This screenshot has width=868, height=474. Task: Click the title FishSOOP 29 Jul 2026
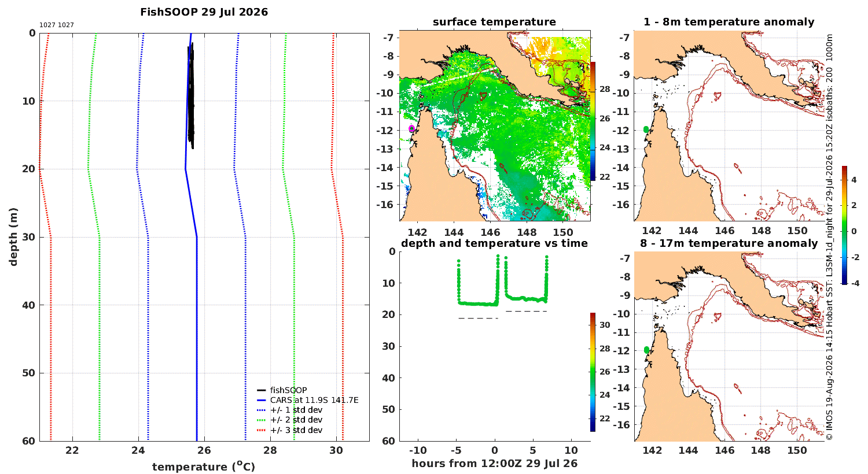point(204,12)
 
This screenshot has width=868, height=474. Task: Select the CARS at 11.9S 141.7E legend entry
point(308,400)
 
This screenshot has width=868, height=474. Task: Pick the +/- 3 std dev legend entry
point(290,430)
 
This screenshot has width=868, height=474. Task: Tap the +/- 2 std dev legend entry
point(290,420)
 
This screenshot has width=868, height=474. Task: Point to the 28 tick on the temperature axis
point(270,450)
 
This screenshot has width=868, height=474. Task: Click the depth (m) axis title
point(13,237)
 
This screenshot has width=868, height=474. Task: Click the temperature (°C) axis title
point(204,466)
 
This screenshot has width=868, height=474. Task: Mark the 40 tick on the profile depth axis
point(30,305)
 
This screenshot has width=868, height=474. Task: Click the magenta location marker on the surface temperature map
point(411,128)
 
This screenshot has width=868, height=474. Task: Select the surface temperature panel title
point(494,22)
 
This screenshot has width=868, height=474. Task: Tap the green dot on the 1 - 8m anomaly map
point(646,129)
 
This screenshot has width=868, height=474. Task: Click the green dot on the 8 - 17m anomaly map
point(646,350)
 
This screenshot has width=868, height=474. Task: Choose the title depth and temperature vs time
point(494,243)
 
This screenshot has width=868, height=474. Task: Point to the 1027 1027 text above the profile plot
point(57,25)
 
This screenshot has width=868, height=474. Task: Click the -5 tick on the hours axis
point(456,450)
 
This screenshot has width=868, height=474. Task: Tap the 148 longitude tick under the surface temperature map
point(527,232)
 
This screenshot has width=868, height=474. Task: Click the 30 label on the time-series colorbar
point(605,325)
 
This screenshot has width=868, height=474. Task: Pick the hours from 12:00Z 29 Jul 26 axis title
point(494,464)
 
